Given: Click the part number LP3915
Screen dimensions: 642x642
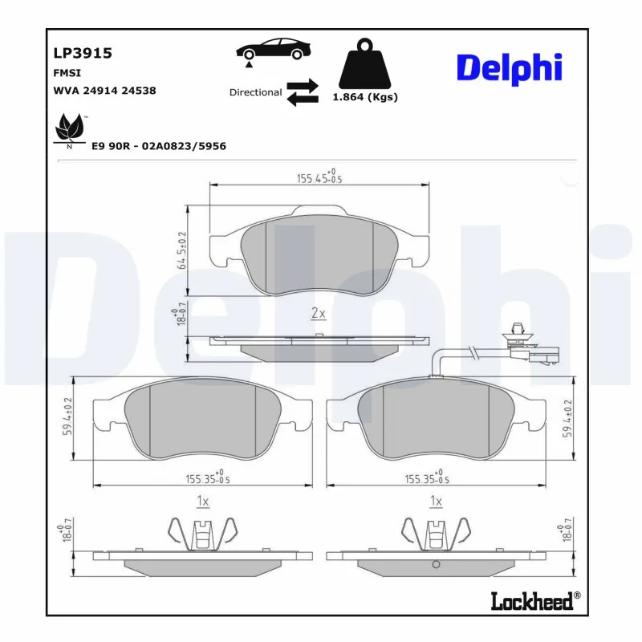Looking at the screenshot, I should point(82,54).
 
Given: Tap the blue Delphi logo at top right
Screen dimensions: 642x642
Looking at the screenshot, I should point(509,69).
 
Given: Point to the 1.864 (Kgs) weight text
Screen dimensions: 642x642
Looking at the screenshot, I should point(365,97).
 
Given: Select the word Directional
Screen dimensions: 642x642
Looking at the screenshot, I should point(255,92).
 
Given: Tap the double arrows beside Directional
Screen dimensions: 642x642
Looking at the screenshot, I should point(303,92).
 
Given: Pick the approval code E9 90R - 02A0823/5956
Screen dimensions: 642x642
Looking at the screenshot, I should point(158,146).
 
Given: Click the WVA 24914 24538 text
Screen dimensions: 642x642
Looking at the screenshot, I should point(104,91).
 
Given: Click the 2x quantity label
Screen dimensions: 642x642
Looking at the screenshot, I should point(318,313).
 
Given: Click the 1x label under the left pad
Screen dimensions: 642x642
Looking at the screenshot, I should point(202,502).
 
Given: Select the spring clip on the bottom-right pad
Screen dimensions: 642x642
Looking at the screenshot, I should point(436,532).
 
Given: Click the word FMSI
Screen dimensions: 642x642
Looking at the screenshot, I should point(67,72).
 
